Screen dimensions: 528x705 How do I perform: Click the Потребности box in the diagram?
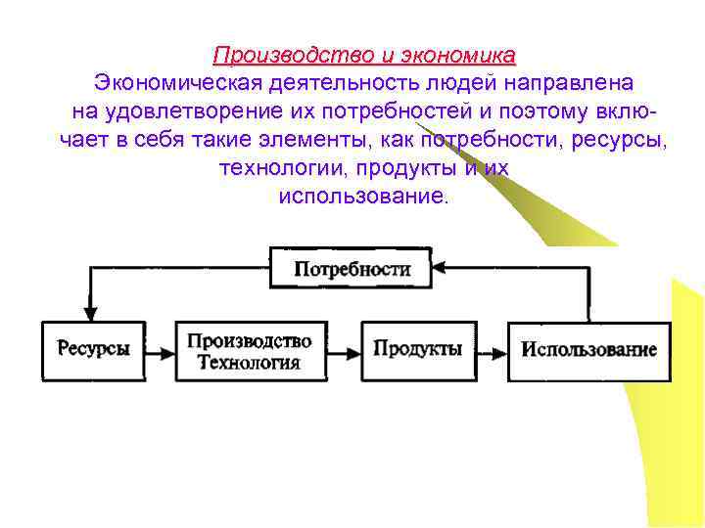click(350, 267)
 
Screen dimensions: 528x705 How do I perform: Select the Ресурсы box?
click(93, 349)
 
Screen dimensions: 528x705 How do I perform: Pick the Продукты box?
click(418, 349)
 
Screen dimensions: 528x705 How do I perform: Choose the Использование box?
click(588, 350)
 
